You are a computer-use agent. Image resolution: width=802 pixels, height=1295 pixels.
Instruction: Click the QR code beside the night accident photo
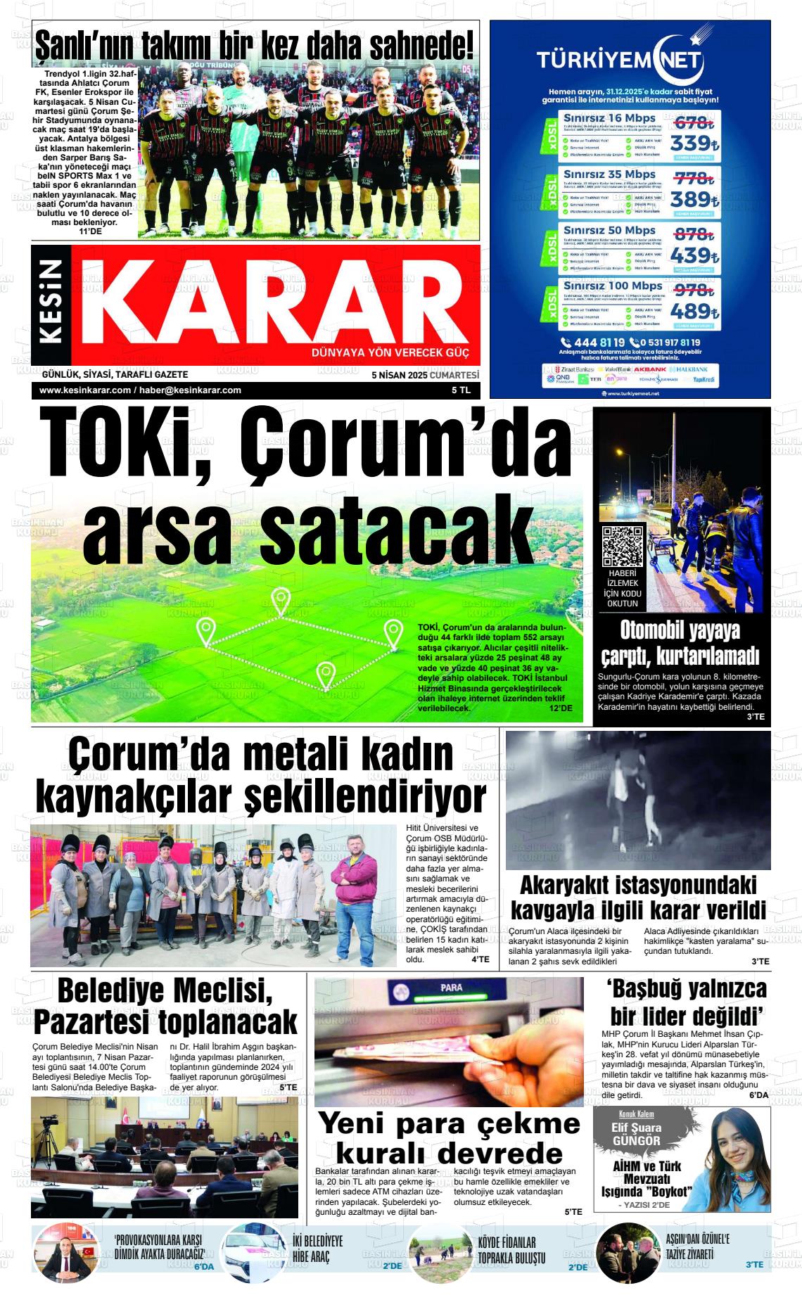(623, 546)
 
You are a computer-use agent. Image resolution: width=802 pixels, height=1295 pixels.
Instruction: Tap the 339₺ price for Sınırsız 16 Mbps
(693, 143)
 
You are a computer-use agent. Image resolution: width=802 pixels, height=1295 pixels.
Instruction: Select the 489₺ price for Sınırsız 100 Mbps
(693, 311)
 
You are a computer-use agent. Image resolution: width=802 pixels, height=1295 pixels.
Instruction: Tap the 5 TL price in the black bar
(461, 390)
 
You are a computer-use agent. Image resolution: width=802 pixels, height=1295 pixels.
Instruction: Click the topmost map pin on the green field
(281, 600)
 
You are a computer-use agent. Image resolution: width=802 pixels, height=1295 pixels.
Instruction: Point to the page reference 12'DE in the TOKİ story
(561, 708)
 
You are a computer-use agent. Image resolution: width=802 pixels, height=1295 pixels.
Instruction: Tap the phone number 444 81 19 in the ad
(604, 343)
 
